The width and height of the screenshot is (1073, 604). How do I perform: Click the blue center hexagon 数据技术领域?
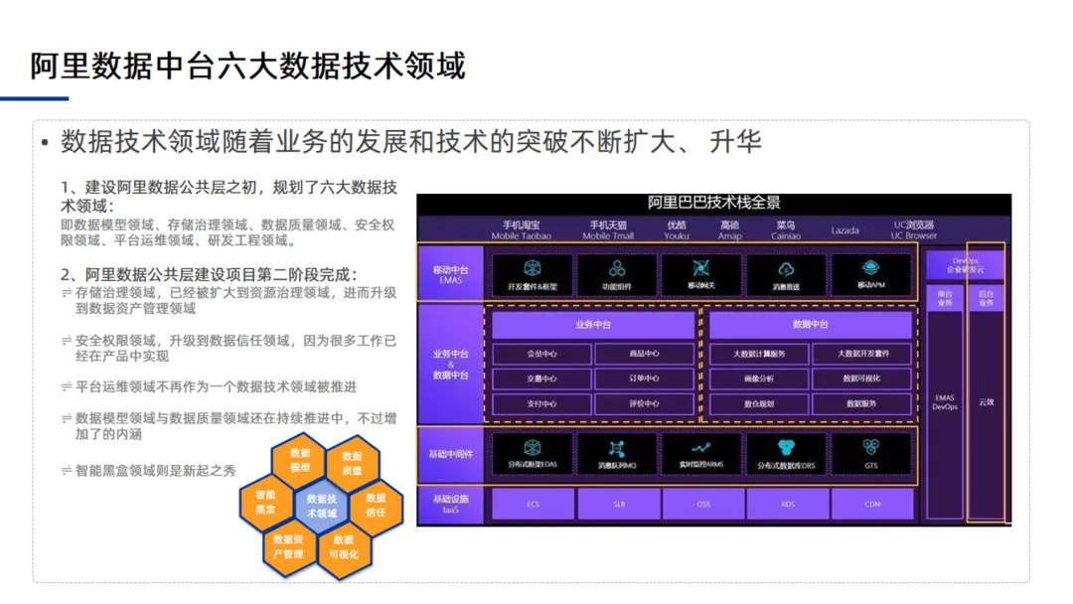pos(321,506)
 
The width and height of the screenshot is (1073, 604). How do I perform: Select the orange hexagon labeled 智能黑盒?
pos(265,502)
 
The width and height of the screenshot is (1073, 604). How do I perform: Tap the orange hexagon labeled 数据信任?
pos(376,505)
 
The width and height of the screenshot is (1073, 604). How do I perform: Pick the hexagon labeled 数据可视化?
pos(344,547)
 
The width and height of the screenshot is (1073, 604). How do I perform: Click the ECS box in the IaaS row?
pos(534,505)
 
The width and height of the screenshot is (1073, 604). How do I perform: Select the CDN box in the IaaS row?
pos(871,505)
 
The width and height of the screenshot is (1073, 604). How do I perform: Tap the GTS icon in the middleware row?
pos(871,454)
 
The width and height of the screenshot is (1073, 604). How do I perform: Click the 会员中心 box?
pos(542,354)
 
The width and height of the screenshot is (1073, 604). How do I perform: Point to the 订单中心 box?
pos(645,378)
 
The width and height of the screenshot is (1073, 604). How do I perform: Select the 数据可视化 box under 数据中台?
pos(861,378)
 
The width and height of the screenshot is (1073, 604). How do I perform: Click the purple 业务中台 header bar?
pos(593,325)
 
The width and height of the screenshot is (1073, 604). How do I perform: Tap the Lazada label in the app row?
pos(845,230)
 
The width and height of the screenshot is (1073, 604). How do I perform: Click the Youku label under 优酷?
pos(677,236)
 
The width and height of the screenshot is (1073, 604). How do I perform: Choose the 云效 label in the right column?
pos(986,402)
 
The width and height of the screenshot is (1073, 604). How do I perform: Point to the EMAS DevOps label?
pos(944,402)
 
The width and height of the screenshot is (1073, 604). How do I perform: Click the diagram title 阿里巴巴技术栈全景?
pos(713,203)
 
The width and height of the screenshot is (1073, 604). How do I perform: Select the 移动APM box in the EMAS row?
pos(870,275)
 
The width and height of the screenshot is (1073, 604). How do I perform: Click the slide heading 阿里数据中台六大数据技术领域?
pos(247,66)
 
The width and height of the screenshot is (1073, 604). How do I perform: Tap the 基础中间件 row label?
pos(452,454)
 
